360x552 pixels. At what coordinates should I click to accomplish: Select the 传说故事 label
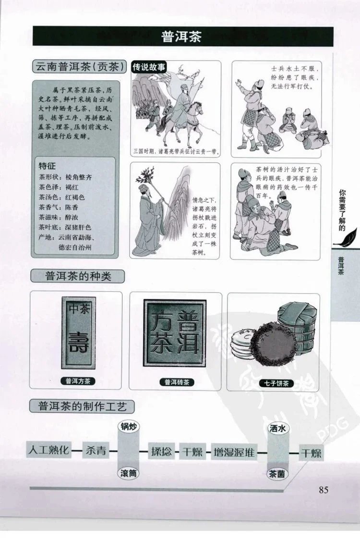(148, 68)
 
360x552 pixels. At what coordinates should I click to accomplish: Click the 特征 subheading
(48, 166)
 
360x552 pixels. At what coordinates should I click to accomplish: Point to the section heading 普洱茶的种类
(77, 276)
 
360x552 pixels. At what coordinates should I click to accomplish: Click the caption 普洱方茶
(78, 381)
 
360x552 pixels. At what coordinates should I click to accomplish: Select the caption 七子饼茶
(273, 383)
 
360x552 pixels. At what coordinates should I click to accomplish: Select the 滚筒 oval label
(129, 473)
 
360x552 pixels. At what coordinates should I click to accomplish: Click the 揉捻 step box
(161, 452)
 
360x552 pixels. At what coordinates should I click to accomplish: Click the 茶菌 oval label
(278, 473)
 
